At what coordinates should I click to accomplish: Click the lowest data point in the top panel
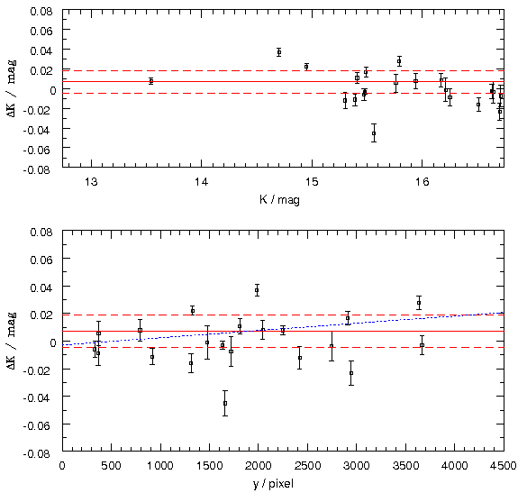pos(374,133)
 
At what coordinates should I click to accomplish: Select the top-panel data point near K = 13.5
pos(151,81)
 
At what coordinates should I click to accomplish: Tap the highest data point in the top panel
pos(279,52)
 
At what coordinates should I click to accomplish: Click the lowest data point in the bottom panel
pos(225,403)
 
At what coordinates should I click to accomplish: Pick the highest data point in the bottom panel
pos(257,290)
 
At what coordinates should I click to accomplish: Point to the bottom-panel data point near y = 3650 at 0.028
pos(419,303)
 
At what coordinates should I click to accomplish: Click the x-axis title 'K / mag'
pos(279,199)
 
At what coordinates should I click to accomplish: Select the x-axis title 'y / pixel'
pos(274,484)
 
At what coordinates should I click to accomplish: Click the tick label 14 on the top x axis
pos(201,182)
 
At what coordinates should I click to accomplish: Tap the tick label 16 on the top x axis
pos(422,182)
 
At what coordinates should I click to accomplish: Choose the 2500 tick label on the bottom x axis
pos(307,466)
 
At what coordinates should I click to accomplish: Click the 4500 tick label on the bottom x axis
pos(503,466)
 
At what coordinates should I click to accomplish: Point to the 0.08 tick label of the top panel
pos(41,11)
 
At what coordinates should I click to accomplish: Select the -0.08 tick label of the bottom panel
pos(38,453)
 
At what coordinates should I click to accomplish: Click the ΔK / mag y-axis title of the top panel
pos(12,88)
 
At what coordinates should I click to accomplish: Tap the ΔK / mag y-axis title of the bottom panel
pos(12,341)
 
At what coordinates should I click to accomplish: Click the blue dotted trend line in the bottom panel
pos(283,328)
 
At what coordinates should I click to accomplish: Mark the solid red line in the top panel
pos(283,81)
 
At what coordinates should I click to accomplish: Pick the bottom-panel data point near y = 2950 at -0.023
pos(351,373)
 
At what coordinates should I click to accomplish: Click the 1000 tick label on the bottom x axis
pos(160,466)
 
